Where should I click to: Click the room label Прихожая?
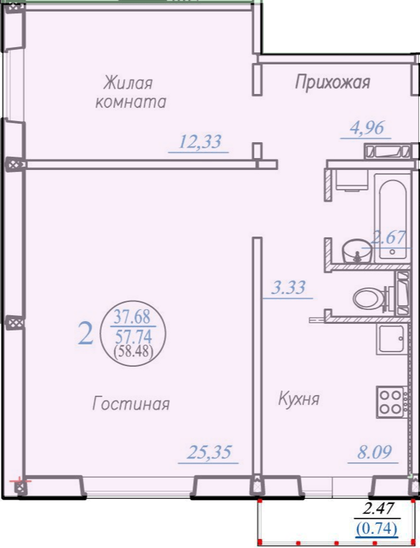tap(332, 83)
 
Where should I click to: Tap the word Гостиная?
tap(131, 404)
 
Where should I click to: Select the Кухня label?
tap(299, 399)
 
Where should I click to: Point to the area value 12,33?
tap(200, 142)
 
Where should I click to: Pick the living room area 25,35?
tap(209, 452)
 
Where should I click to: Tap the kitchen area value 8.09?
tap(374, 452)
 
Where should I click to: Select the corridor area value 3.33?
tap(288, 288)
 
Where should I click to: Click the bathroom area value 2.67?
tap(388, 238)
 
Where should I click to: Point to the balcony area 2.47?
tap(378, 509)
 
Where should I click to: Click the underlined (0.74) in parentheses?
tap(376, 528)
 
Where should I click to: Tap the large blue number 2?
tap(86, 333)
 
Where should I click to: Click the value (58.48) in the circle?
tap(134, 350)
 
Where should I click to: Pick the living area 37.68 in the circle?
tap(133, 318)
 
